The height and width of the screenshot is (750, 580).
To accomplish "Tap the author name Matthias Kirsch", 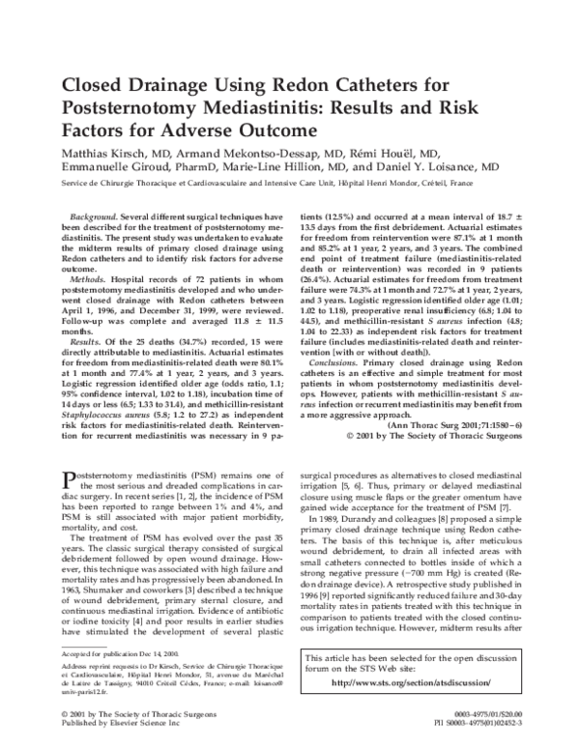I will pos(101,152).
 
